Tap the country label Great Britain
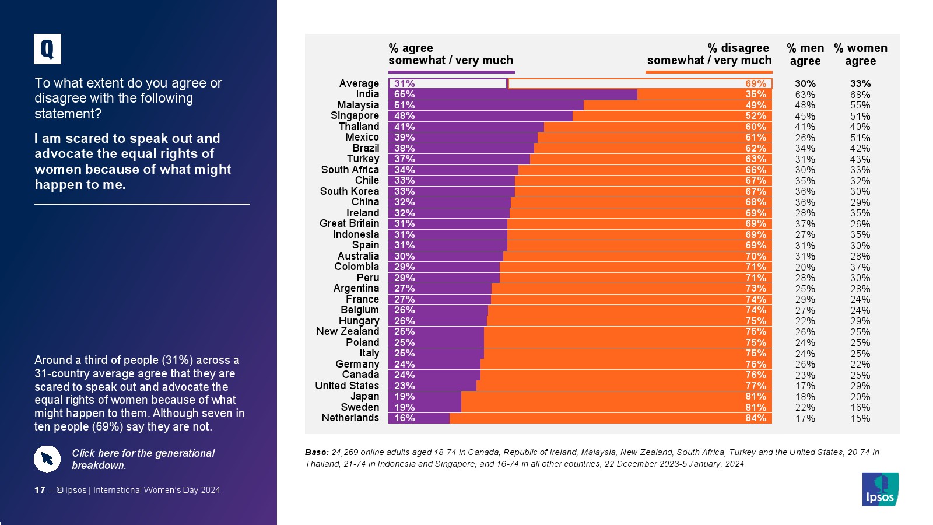point(349,223)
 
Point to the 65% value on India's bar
point(404,94)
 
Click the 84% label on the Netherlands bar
point(756,418)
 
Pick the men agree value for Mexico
point(805,138)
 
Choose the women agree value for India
point(860,94)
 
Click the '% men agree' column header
point(805,54)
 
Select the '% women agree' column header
point(860,54)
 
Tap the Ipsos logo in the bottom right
point(880,489)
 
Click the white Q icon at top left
point(47,49)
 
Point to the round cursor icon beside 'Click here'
point(47,459)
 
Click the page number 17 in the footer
point(40,490)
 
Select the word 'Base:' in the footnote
point(317,452)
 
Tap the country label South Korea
point(349,191)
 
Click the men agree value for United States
point(805,386)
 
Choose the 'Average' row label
point(359,83)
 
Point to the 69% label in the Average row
point(756,83)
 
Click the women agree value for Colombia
point(860,267)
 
